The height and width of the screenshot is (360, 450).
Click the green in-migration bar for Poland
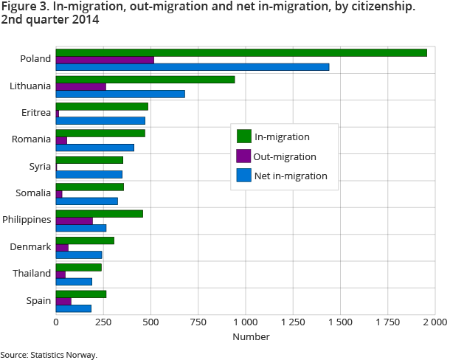pyautogui.click(x=241, y=52)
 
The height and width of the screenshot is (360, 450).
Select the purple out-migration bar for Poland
pyautogui.click(x=105, y=60)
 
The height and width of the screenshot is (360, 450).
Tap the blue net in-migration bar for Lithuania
pyautogui.click(x=120, y=94)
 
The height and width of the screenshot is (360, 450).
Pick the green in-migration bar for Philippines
pyautogui.click(x=100, y=214)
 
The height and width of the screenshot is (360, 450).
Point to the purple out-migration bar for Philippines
pyautogui.click(x=75, y=221)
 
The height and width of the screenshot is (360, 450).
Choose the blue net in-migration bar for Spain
pyautogui.click(x=74, y=308)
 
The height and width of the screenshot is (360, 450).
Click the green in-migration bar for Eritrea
pyautogui.click(x=102, y=106)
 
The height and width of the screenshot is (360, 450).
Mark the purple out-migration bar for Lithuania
pyautogui.click(x=81, y=86)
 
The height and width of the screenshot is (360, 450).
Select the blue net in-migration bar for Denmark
pyautogui.click(x=79, y=255)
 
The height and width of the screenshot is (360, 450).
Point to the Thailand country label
pyautogui.click(x=32, y=273)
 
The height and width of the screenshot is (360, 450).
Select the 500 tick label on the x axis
pyautogui.click(x=150, y=322)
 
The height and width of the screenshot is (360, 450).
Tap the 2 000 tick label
pyautogui.click(x=435, y=322)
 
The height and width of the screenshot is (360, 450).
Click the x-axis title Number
pyautogui.click(x=251, y=337)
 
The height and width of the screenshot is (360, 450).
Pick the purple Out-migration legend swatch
pyautogui.click(x=243, y=156)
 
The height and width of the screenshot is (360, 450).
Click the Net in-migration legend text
pyautogui.click(x=291, y=176)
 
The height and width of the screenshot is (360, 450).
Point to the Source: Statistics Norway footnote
pyautogui.click(x=49, y=355)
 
